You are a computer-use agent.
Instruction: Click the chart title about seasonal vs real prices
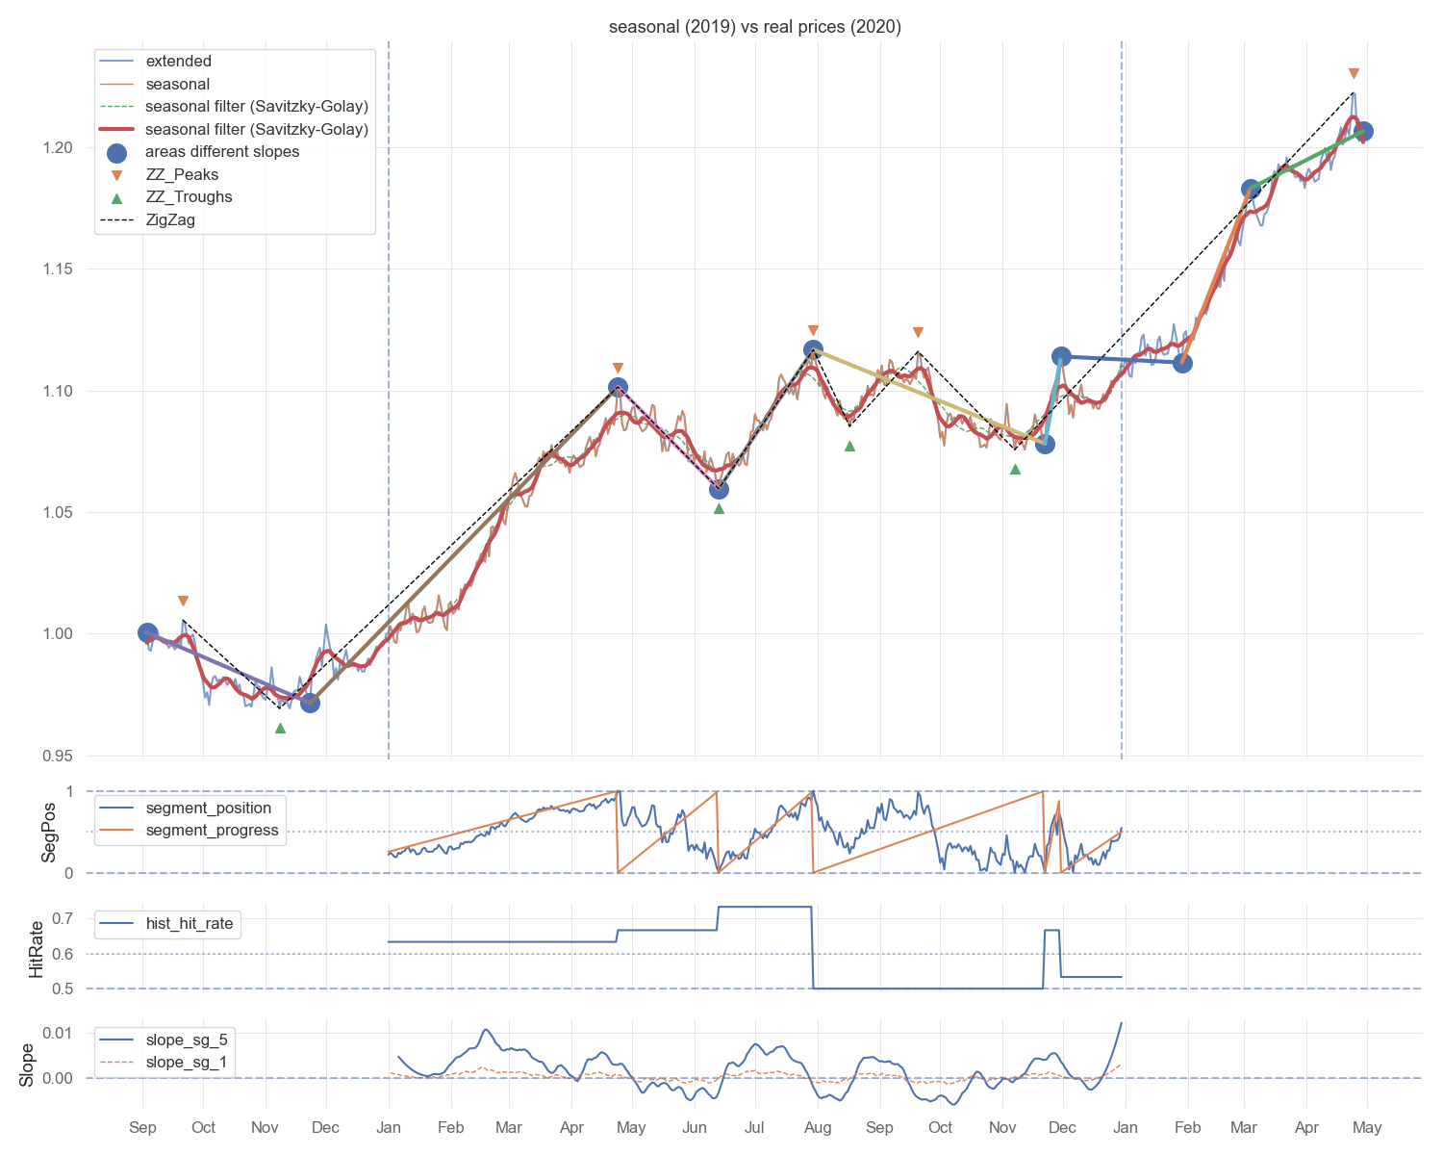[755, 27]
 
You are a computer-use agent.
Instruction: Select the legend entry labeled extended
[178, 62]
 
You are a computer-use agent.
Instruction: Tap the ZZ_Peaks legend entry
[182, 175]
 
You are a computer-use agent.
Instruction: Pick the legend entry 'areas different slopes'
[222, 152]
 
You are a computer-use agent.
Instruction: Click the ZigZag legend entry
[170, 220]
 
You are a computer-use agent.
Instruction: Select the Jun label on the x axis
[694, 1128]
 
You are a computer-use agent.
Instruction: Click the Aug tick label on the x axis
[818, 1128]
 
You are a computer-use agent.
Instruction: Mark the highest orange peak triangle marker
[1354, 74]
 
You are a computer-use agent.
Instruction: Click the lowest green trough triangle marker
[280, 728]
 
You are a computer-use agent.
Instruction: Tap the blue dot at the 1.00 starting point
[147, 632]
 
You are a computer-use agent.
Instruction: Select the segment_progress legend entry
[212, 831]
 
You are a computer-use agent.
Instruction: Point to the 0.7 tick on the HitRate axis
[63, 918]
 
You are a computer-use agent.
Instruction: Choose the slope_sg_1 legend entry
[186, 1063]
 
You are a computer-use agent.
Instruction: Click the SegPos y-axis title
[48, 833]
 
